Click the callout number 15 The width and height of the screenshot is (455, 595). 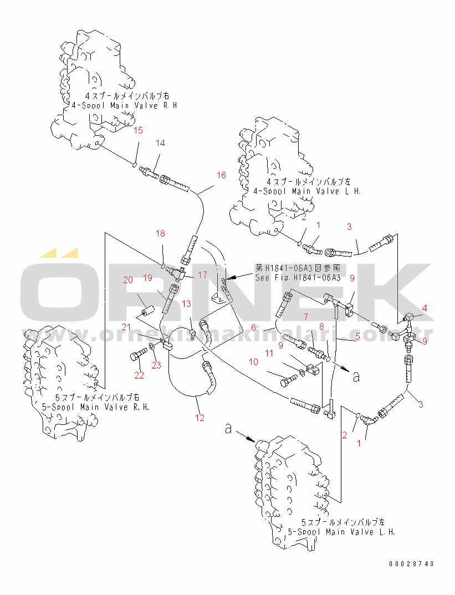[139, 131]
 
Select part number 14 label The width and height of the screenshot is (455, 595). [160, 143]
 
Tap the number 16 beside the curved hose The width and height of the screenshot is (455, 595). [221, 176]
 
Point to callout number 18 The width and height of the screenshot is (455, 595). [160, 234]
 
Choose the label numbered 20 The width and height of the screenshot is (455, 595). [128, 280]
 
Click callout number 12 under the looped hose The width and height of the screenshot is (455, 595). [200, 418]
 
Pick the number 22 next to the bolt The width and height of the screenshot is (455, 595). [139, 375]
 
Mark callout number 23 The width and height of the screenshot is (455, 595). [156, 365]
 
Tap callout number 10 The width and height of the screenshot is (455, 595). [253, 362]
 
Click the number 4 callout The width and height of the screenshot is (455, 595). [425, 308]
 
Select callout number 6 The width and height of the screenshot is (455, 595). [253, 327]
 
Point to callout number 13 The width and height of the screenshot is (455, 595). [186, 304]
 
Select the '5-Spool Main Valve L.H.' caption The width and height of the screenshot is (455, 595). [341, 532]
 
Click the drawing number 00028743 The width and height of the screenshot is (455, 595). [411, 564]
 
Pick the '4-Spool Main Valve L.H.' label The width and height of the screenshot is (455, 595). [306, 191]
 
